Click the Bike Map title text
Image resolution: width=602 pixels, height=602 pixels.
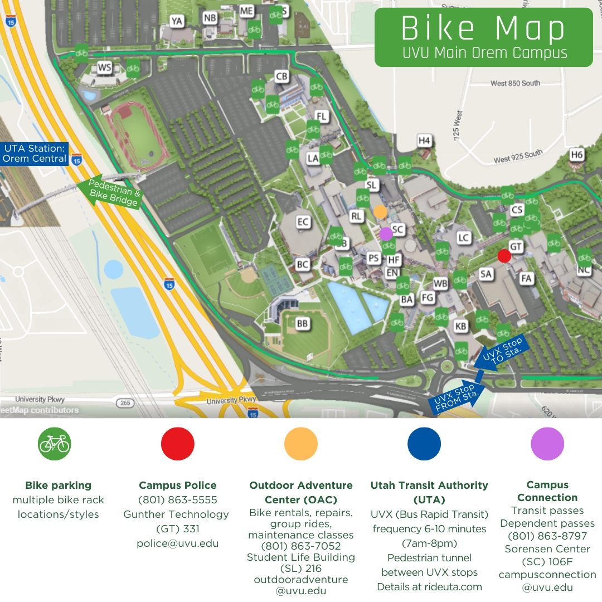point(483,29)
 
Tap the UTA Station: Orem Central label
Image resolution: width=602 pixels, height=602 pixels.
point(35,153)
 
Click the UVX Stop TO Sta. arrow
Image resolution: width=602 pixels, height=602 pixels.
point(501,352)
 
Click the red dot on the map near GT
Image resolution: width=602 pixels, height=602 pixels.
point(504,256)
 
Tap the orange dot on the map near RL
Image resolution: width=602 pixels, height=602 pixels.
point(380,211)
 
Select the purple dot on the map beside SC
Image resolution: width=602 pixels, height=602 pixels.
point(386,234)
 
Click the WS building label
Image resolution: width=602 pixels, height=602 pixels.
point(105,68)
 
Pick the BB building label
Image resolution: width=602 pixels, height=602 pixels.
point(302,323)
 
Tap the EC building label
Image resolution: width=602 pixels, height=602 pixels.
point(303,222)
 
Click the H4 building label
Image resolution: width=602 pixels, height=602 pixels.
point(425,140)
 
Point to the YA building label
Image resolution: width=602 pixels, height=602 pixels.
point(177,21)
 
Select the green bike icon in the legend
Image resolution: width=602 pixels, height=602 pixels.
point(55,444)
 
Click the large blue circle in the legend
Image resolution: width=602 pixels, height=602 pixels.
point(424,444)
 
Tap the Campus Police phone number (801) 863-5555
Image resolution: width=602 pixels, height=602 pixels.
point(177,499)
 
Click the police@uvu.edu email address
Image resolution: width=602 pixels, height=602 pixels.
point(177,543)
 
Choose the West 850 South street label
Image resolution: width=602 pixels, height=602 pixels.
point(515,83)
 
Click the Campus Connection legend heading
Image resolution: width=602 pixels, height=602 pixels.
point(547,491)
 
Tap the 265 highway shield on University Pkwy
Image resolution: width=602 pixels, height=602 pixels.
point(123,402)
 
